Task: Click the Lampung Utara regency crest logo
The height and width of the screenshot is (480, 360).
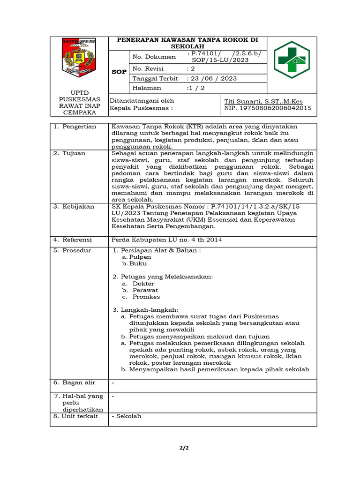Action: [79, 59]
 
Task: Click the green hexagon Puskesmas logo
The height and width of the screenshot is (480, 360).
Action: [292, 60]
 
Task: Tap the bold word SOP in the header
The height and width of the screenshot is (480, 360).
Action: [119, 72]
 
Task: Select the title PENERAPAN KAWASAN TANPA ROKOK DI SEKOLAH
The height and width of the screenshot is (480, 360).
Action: [187, 43]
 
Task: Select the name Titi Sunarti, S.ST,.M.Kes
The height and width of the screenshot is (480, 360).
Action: [263, 101]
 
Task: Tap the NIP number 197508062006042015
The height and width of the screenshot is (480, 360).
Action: [268, 108]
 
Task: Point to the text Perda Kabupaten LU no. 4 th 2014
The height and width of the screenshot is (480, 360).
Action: [166, 240]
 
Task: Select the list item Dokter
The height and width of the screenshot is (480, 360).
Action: [143, 284]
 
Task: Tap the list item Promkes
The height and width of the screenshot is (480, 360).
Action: [146, 297]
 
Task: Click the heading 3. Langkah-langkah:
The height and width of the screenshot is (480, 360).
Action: [145, 310]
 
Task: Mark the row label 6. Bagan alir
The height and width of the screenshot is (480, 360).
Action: [74, 383]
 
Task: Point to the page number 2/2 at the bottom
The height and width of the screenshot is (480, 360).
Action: [183, 448]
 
